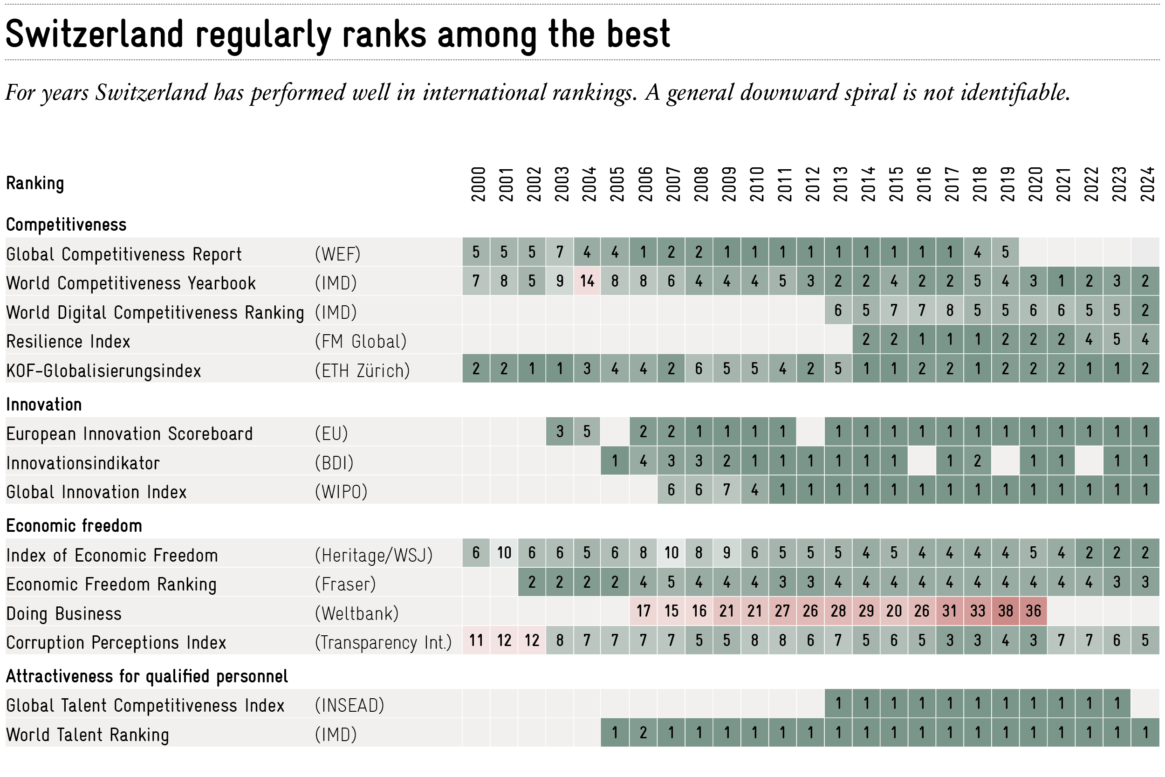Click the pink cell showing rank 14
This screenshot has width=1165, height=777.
coord(587,281)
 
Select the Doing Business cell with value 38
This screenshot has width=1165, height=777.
coord(1005,611)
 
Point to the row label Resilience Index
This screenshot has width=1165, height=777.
coord(68,342)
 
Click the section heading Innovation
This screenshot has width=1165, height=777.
coord(44,405)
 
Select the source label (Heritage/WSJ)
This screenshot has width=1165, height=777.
coord(373,555)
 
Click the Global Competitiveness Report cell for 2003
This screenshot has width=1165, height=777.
coord(559,252)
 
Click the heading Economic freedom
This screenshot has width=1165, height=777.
coord(74,525)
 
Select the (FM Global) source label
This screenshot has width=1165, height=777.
coord(361,342)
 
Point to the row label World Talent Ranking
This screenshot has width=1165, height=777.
coord(88,735)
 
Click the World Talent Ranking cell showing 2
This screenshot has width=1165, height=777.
coord(643,732)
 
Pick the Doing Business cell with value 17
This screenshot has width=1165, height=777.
coord(643,611)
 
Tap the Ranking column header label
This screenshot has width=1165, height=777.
coord(34,183)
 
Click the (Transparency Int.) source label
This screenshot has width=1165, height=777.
coord(383,642)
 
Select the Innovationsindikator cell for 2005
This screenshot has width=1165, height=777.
coord(615,461)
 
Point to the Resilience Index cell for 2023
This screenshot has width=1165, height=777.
coord(1117,339)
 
